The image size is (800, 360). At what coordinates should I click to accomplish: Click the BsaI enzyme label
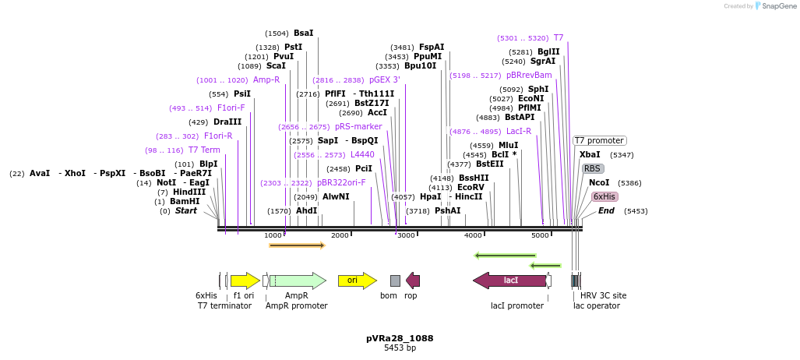pyautogui.click(x=303, y=34)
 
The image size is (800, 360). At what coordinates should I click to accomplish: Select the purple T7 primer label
pyautogui.click(x=558, y=37)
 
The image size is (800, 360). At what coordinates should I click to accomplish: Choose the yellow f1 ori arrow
pyautogui.click(x=245, y=281)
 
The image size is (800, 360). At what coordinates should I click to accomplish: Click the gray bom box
pyautogui.click(x=395, y=281)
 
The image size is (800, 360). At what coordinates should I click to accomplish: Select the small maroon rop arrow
pyautogui.click(x=413, y=281)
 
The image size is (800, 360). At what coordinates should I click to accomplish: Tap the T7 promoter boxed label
pyautogui.click(x=599, y=141)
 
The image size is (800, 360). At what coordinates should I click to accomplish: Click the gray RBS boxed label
pyautogui.click(x=592, y=168)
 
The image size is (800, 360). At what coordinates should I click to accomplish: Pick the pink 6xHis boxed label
pyautogui.click(x=604, y=196)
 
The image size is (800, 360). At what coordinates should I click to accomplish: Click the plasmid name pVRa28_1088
pyautogui.click(x=400, y=338)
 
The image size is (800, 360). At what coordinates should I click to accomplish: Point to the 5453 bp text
pyautogui.click(x=400, y=348)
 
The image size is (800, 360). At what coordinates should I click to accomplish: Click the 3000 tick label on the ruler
pyautogui.click(x=406, y=235)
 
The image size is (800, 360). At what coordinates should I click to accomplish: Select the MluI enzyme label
pyautogui.click(x=508, y=145)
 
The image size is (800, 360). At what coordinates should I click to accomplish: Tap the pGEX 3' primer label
pyautogui.click(x=385, y=79)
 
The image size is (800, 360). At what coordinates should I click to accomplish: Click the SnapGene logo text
pyautogui.click(x=776, y=6)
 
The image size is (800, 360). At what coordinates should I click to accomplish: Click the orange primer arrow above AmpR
pyautogui.click(x=296, y=245)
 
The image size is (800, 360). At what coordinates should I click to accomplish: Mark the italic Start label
pyautogui.click(x=185, y=210)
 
